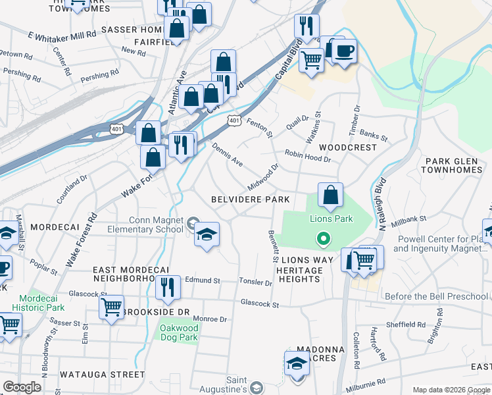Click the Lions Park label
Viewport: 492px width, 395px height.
[x=332, y=219]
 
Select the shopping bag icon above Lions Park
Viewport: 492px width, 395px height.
[x=330, y=195]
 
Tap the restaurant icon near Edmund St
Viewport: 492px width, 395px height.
[x=168, y=288]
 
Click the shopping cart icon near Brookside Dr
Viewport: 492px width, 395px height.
[x=111, y=307]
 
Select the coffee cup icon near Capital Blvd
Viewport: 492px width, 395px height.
[x=344, y=51]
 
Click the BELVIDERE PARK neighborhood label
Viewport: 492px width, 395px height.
[x=250, y=199]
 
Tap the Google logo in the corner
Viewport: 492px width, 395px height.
[x=22, y=386]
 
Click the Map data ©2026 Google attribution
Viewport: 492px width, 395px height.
[x=451, y=389]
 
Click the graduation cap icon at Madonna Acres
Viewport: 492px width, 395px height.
[x=297, y=363]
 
